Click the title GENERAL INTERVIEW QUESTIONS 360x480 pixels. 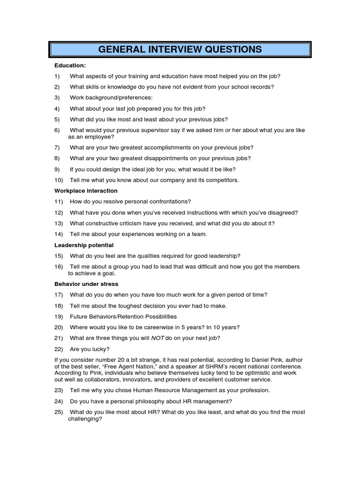180,50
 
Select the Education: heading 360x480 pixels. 70,65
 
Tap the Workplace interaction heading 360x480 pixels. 86,191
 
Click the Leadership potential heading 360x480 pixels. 84,245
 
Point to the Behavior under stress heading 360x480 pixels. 86,284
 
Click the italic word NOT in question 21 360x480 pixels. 158,338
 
